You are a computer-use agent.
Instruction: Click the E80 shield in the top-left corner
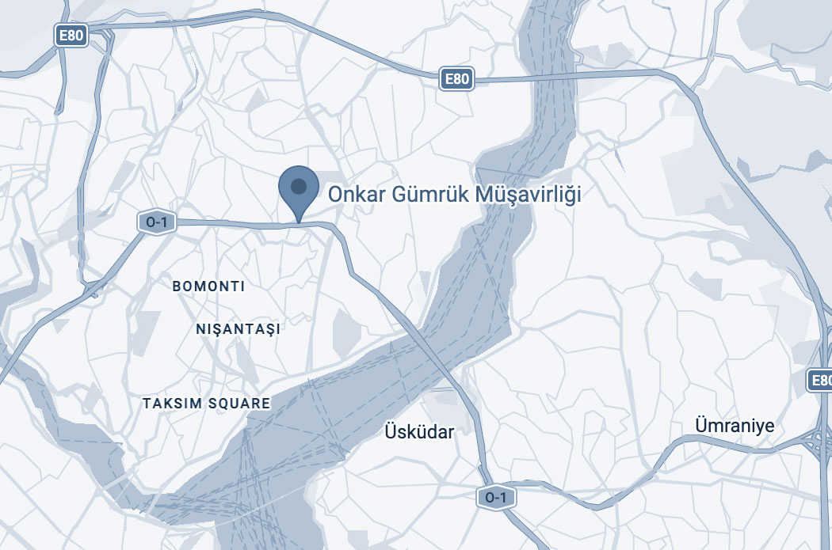click(x=71, y=34)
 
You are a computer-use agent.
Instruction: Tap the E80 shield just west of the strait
click(x=457, y=78)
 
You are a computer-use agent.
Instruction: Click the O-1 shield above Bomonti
click(x=155, y=222)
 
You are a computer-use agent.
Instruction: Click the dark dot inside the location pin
click(x=299, y=187)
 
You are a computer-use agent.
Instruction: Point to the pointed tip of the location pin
click(x=299, y=221)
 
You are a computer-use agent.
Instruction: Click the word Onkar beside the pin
click(x=353, y=194)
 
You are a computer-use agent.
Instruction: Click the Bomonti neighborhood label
click(x=208, y=286)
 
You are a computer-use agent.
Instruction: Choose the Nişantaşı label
click(x=239, y=328)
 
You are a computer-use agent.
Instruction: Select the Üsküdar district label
click(x=419, y=431)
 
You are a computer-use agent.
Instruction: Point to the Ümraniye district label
click(x=734, y=425)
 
